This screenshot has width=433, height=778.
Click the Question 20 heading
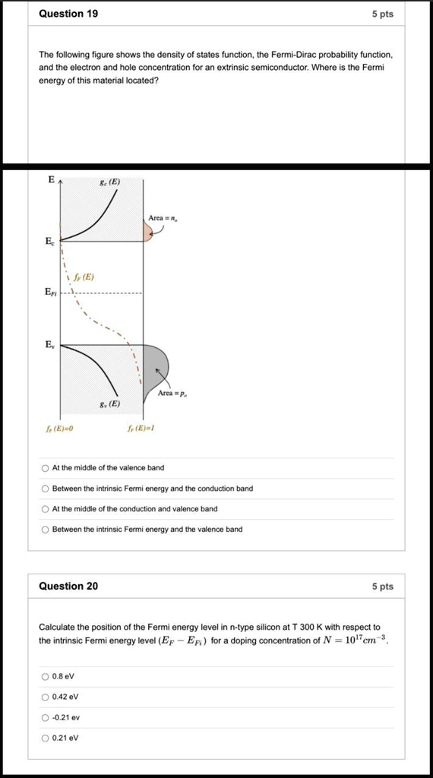(x=68, y=586)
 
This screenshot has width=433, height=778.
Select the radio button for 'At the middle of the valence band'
(x=46, y=468)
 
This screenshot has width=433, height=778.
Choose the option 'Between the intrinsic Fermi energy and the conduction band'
(x=46, y=489)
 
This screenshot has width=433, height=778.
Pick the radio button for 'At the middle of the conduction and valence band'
(x=46, y=509)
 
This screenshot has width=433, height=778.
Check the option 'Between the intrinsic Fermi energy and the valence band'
(x=46, y=530)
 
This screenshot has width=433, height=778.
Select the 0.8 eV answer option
(x=46, y=676)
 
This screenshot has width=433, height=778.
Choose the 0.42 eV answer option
(x=46, y=697)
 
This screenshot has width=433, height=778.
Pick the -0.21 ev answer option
(x=46, y=717)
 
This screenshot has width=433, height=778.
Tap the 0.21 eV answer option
(x=46, y=738)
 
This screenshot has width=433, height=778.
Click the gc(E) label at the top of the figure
(x=110, y=182)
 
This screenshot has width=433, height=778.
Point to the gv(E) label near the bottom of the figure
(x=110, y=404)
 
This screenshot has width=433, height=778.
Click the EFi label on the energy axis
(x=49, y=292)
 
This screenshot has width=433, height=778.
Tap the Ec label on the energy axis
(x=49, y=242)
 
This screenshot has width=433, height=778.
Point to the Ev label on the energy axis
(x=49, y=344)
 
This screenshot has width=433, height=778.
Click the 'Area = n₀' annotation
(x=163, y=218)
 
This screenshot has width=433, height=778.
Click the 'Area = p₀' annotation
(x=173, y=394)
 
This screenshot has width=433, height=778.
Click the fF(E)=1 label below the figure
(x=141, y=429)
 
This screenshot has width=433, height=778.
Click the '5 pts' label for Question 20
(x=383, y=586)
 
